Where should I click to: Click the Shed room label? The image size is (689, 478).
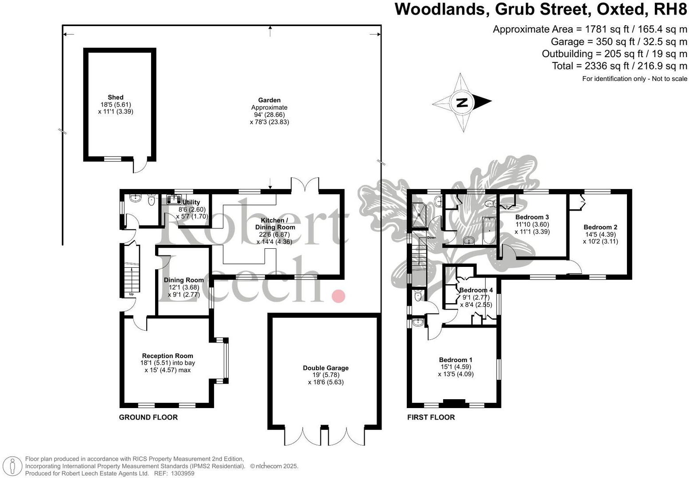click(x=116, y=97)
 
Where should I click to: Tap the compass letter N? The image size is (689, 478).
click(x=462, y=103)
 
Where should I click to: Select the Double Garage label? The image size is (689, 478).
click(x=326, y=368)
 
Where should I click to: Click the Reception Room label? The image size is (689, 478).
click(x=167, y=356)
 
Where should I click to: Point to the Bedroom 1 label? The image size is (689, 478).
click(x=455, y=360)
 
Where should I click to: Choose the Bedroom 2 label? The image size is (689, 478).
click(x=600, y=227)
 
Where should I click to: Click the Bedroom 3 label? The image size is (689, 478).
click(x=532, y=217)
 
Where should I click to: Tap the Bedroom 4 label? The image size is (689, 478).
click(x=476, y=290)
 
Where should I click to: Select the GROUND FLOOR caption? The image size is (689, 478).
click(x=148, y=417)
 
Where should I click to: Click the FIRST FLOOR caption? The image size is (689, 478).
click(x=431, y=417)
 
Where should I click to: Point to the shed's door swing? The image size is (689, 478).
click(x=139, y=167)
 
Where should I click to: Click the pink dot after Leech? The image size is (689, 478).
click(x=339, y=296)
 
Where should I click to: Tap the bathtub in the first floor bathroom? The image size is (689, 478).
click(x=487, y=230)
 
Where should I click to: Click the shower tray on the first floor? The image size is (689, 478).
click(x=418, y=214)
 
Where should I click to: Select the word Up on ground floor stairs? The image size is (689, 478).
click(x=131, y=294)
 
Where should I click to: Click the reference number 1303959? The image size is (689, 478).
click(x=183, y=473)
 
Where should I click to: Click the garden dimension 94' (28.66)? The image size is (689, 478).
click(x=269, y=115)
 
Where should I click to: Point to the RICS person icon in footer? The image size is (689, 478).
click(x=13, y=466)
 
